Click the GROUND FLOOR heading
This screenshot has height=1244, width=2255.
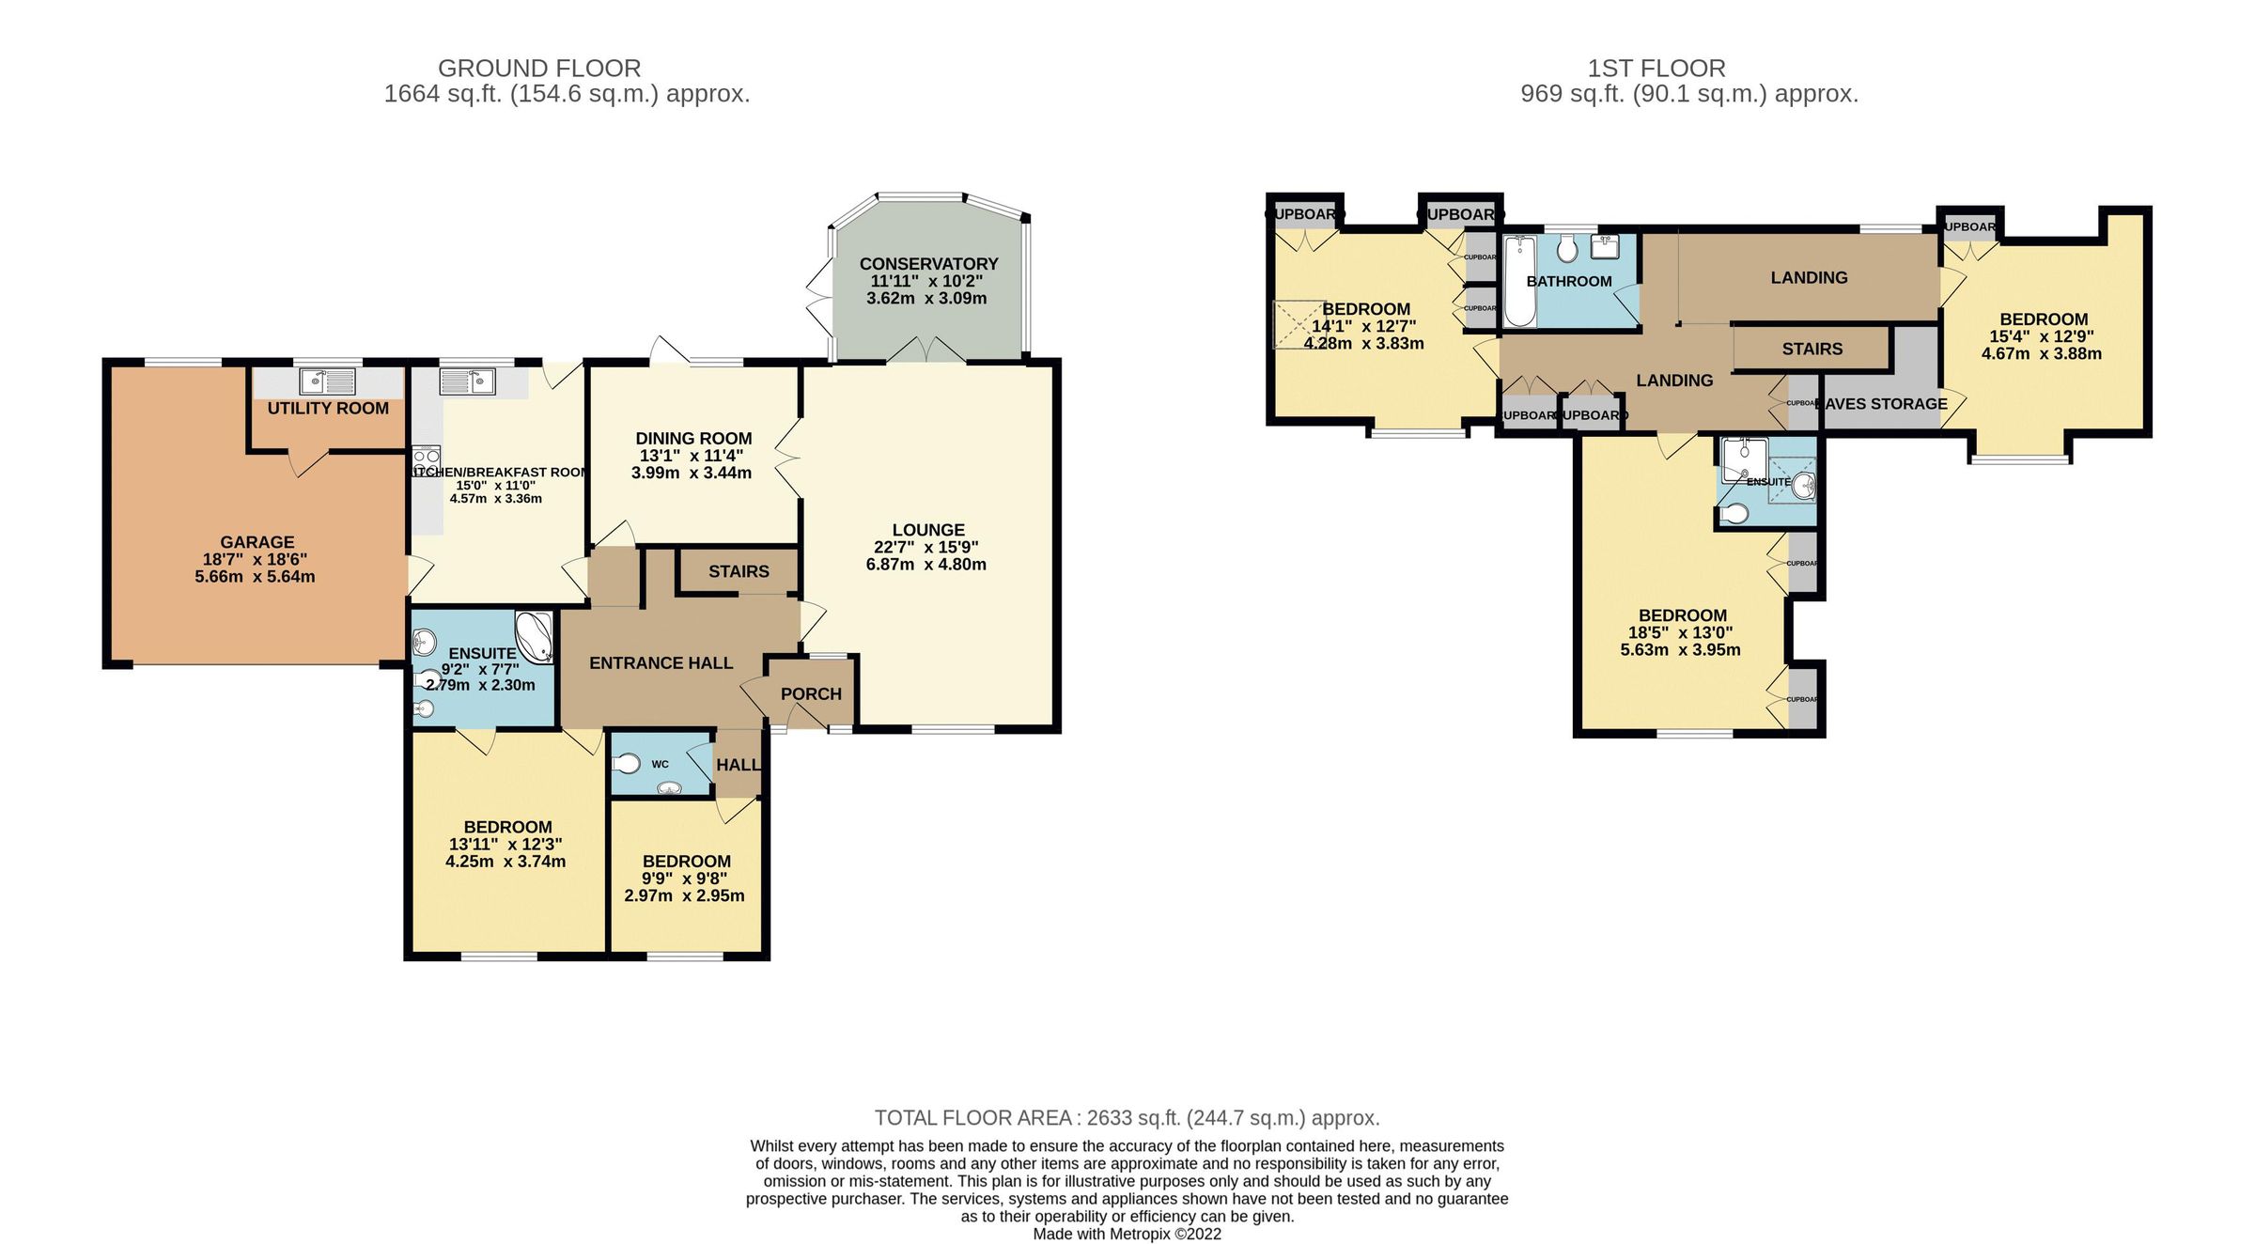[x=539, y=69]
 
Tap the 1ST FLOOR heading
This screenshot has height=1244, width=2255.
[x=1656, y=69]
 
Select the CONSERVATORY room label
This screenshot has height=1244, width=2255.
[x=928, y=264]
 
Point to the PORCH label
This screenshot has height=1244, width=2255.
[x=811, y=694]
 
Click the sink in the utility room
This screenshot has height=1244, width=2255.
[x=327, y=381]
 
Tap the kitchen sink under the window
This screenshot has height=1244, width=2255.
[x=468, y=381]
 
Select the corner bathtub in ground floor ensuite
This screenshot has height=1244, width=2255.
[x=534, y=636]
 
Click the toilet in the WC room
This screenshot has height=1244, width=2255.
[x=627, y=763]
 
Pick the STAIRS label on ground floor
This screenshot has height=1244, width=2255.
[x=739, y=571]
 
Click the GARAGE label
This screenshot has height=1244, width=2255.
[x=257, y=542]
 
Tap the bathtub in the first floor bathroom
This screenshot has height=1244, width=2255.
[x=1519, y=281]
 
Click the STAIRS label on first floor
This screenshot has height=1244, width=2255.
[x=1812, y=349]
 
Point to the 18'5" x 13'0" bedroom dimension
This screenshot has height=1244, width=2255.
[x=1680, y=633]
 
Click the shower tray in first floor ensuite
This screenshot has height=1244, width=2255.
[x=1744, y=459]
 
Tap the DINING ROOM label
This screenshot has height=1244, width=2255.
[x=693, y=439]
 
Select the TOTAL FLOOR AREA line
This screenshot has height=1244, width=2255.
[x=1127, y=1118]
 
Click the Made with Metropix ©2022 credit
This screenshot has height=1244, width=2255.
[x=1127, y=1234]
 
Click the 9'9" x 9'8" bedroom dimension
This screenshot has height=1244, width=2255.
[x=684, y=879]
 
